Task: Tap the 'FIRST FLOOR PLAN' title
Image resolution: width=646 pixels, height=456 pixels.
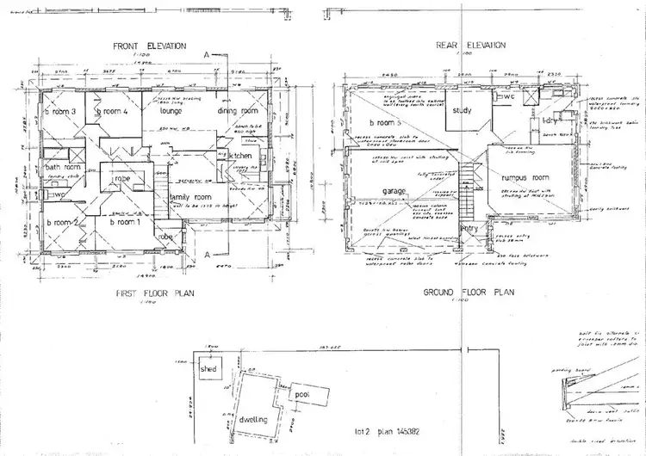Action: click(156, 293)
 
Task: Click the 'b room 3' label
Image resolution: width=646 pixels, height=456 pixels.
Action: click(61, 112)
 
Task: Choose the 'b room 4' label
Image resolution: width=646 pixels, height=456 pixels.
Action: click(111, 112)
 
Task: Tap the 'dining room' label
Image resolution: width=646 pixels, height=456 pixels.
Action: click(238, 111)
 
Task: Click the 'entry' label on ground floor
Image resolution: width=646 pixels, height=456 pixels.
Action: click(469, 228)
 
